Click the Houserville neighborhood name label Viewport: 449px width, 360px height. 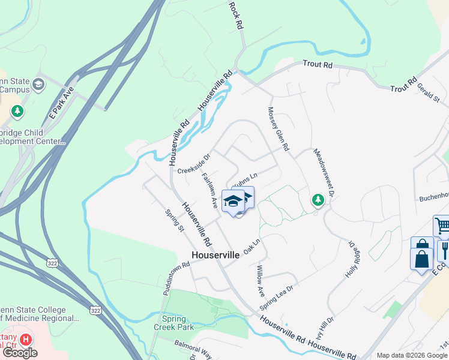215,255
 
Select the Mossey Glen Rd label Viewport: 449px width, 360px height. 279,129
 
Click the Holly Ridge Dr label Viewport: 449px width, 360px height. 351,260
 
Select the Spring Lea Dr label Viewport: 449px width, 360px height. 276,297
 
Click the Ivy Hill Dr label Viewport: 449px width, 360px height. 325,328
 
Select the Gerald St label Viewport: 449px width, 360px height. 429,92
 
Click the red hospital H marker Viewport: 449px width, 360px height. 25,340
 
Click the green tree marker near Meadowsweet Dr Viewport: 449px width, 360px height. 318,200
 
